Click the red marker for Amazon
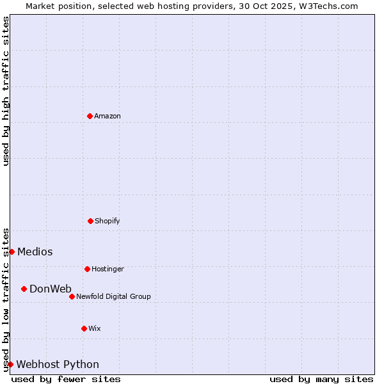pos(90,116)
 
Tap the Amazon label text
pos(108,116)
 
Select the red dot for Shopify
pos(90,221)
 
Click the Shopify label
pos(107,221)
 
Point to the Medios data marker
pos(12,252)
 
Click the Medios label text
pos(35,252)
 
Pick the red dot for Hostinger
pos(87,269)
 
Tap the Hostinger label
pos(108,269)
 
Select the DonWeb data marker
pos(24,289)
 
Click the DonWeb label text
pos(51,289)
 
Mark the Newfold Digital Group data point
pos(72,296)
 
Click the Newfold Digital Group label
pos(113,297)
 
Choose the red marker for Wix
pos(84,328)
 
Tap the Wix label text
pos(95,329)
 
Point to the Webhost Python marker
pos(10,364)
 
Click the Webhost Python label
pos(58,365)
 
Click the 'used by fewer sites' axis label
pos(66,379)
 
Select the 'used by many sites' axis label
pos(321,379)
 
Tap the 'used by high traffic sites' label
pos(6,91)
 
